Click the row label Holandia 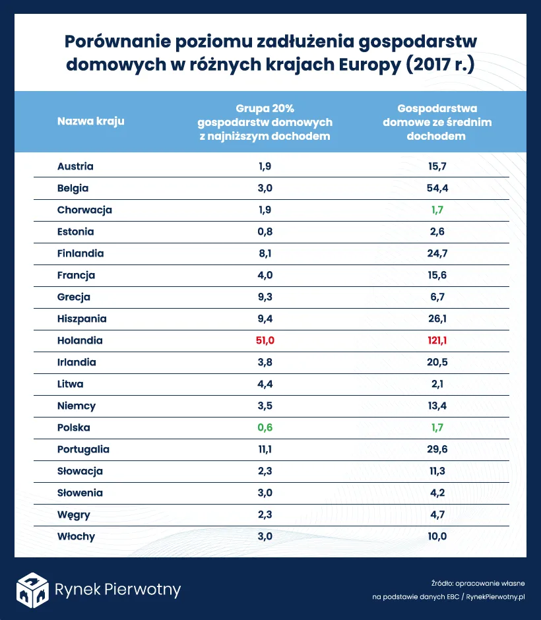[x=80, y=341]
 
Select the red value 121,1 [x=437, y=341]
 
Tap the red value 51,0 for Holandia [x=265, y=341]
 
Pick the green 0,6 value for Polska [x=265, y=427]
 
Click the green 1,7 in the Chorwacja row [x=437, y=210]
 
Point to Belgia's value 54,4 [x=437, y=189]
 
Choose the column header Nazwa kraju [x=90, y=121]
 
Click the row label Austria [x=75, y=167]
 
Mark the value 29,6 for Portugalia [x=437, y=449]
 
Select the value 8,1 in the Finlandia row [x=265, y=254]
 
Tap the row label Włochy [x=76, y=536]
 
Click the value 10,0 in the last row [x=437, y=536]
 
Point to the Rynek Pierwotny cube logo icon [x=32, y=589]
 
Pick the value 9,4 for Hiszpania [x=265, y=319]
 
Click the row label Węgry [x=73, y=515]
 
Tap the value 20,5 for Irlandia [x=437, y=362]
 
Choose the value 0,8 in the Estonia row [x=265, y=232]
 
